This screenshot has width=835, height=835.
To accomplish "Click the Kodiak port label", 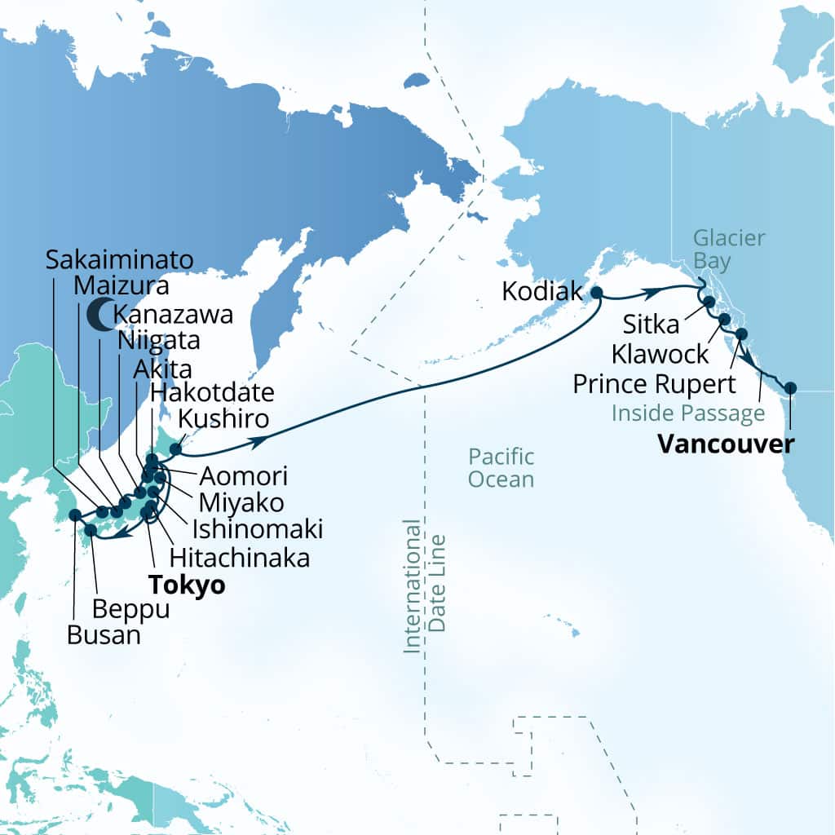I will pyautogui.click(x=541, y=291).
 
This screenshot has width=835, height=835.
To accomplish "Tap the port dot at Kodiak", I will pyautogui.click(x=596, y=292).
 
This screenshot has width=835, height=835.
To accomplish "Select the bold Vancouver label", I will pyautogui.click(x=726, y=444).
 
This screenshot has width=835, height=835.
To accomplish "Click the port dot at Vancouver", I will pyautogui.click(x=789, y=387).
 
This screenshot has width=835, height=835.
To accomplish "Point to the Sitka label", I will pyautogui.click(x=649, y=325).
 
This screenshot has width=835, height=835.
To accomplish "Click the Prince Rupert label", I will pyautogui.click(x=654, y=383).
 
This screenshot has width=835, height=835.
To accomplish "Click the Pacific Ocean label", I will pyautogui.click(x=501, y=467).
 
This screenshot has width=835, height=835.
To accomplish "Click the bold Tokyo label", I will pyautogui.click(x=187, y=585).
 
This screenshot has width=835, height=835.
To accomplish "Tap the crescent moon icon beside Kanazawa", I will pyautogui.click(x=99, y=314).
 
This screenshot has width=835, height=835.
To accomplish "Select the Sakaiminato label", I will pyautogui.click(x=119, y=260).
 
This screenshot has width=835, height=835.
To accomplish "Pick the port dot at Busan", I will pyautogui.click(x=75, y=515).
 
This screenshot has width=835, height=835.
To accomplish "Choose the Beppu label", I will pyautogui.click(x=130, y=608).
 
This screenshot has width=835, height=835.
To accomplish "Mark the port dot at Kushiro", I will pyautogui.click(x=175, y=448).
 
